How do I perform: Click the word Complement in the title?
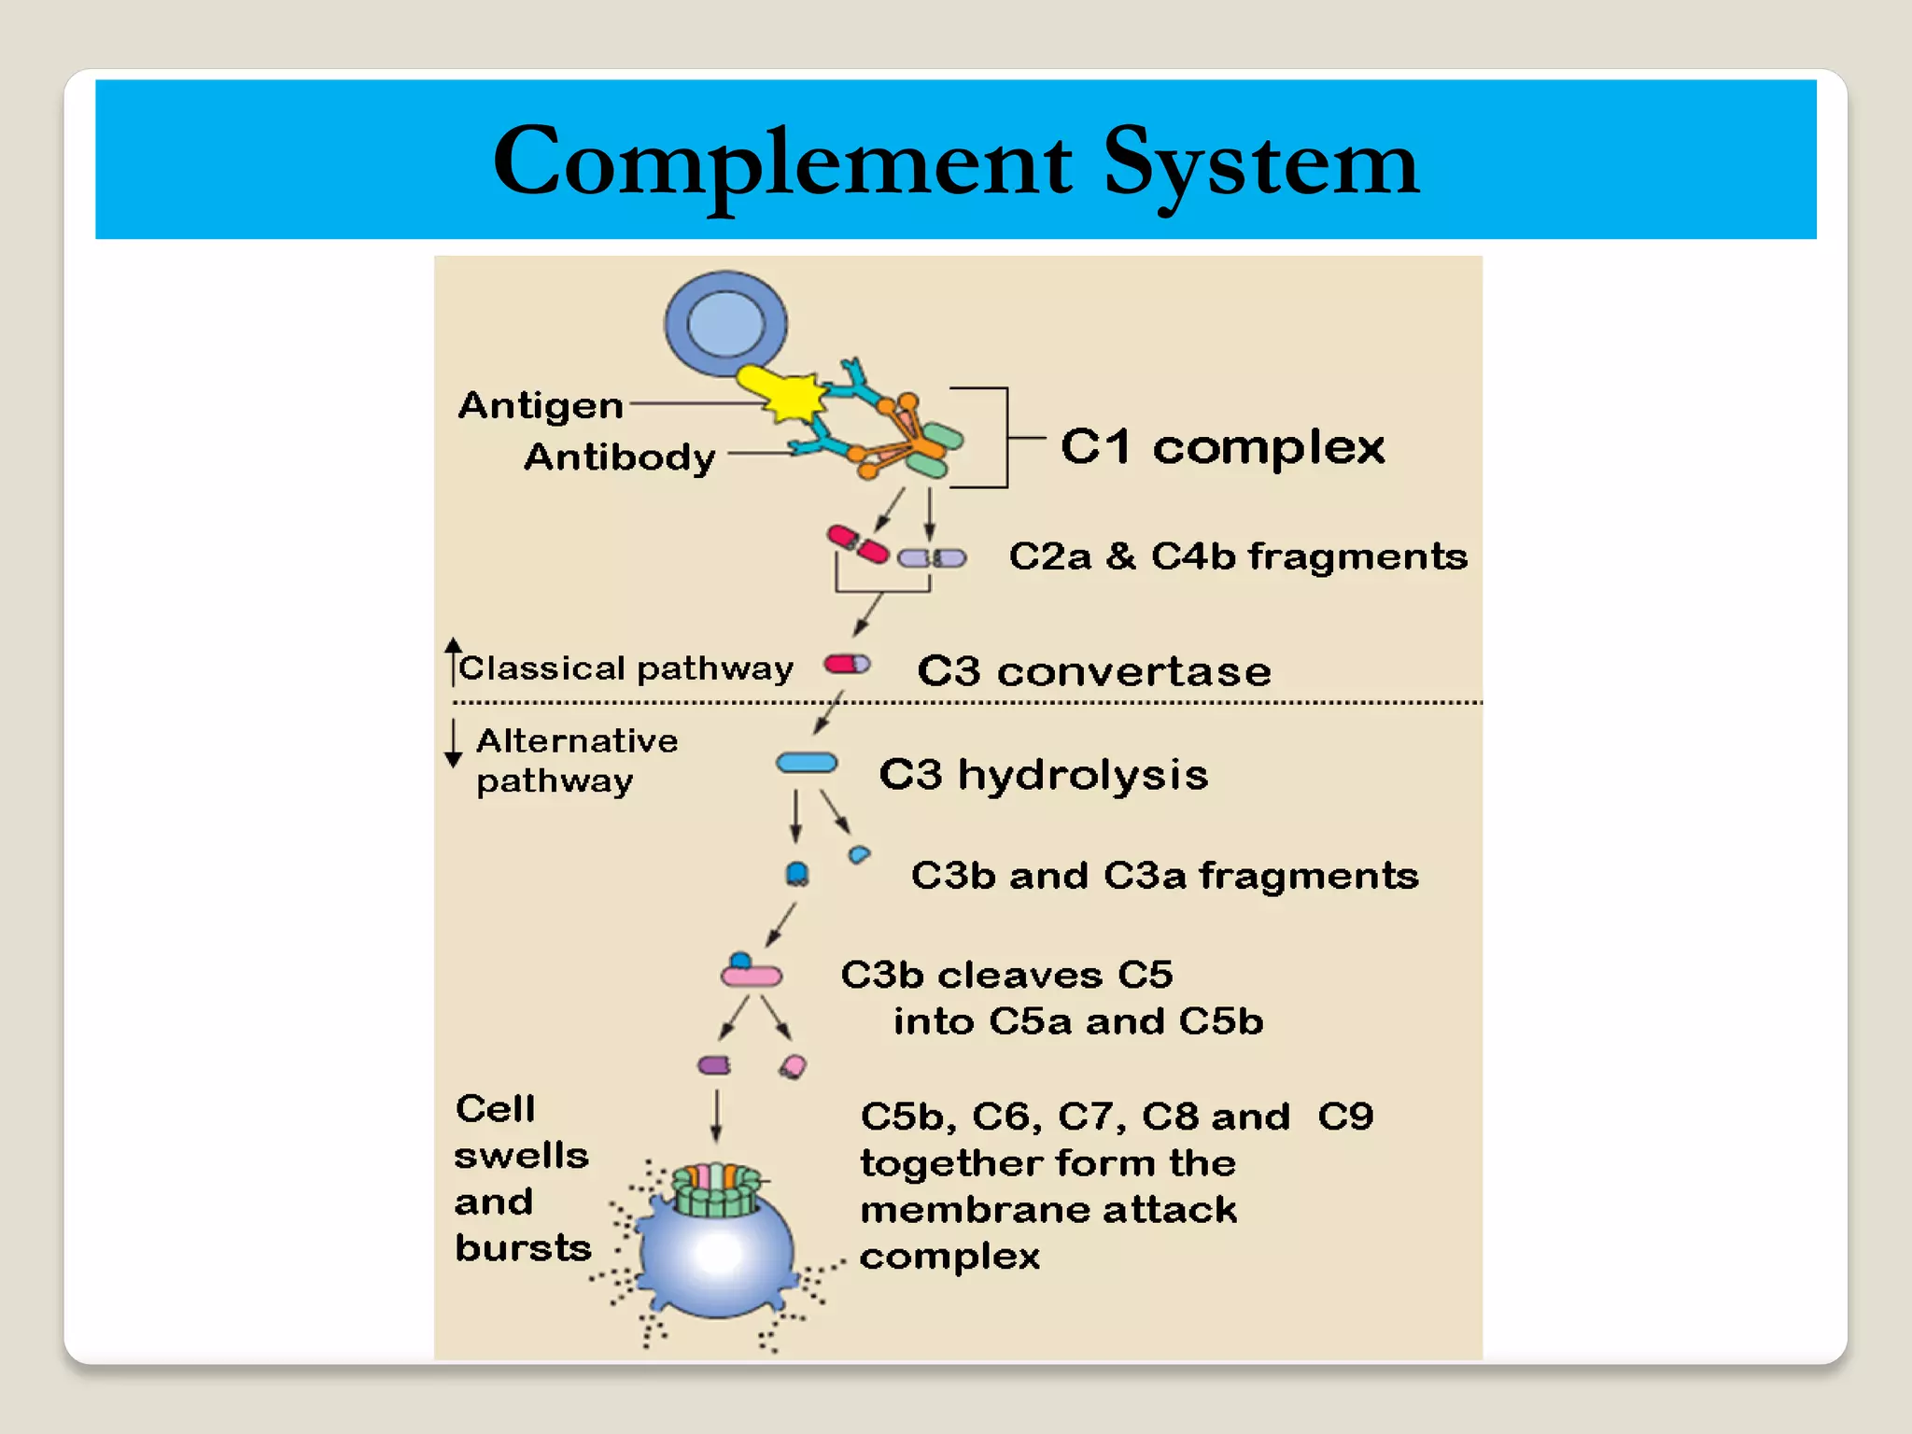[x=782, y=163]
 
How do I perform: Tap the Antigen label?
[x=541, y=405]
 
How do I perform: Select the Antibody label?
[x=620, y=457]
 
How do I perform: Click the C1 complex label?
[x=1222, y=446]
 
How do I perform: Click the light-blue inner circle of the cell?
[x=725, y=324]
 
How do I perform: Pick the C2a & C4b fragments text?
[x=1238, y=556]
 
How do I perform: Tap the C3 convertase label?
[x=1094, y=671]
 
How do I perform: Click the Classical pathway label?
[x=626, y=668]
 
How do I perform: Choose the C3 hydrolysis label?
[x=1044, y=775]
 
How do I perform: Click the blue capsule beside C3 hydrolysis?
[x=807, y=764]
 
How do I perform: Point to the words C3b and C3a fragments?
[x=1164, y=876]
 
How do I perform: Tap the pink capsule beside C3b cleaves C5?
[x=752, y=977]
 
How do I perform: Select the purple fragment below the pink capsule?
[x=714, y=1065]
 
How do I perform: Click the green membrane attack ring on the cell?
[x=717, y=1191]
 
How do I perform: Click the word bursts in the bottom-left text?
[x=523, y=1248]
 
